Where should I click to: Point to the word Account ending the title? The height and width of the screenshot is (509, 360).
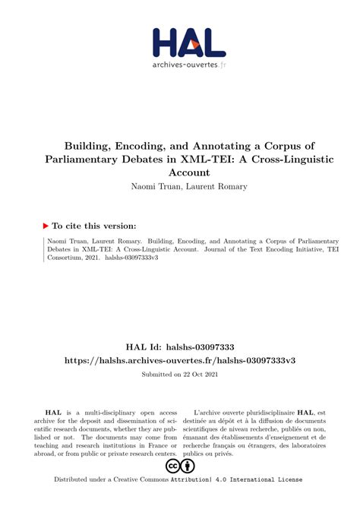(x=180, y=172)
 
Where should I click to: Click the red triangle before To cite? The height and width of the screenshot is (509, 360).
(x=46, y=226)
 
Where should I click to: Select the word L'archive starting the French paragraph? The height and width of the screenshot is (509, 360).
(x=211, y=411)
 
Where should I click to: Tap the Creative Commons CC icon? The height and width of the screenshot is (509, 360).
(x=172, y=465)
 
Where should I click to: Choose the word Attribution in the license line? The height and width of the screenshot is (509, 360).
(x=189, y=479)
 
